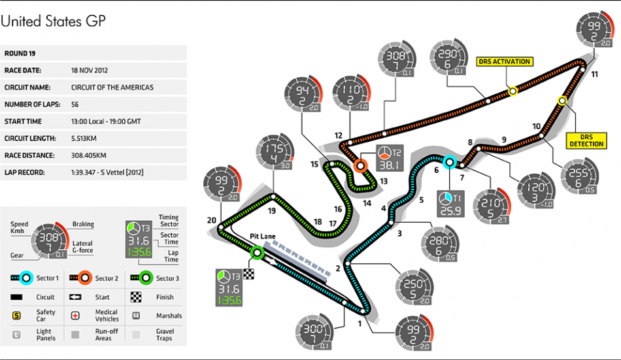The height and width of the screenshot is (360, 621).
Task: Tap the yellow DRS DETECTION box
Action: [x=586, y=139]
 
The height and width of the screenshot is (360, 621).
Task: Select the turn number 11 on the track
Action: [x=594, y=74]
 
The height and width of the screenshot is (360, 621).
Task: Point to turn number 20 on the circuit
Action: [x=211, y=220]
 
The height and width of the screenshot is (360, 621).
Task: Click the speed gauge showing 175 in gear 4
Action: [x=275, y=154]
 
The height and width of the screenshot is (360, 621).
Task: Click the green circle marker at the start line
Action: [x=258, y=253]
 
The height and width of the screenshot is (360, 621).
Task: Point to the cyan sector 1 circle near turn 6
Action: [x=449, y=163]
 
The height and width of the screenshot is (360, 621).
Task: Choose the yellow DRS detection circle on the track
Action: [x=562, y=101]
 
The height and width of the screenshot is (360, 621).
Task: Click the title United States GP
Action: [x=53, y=21]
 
